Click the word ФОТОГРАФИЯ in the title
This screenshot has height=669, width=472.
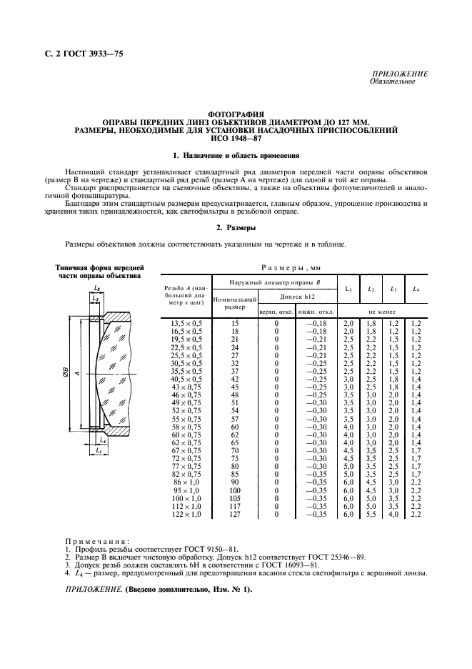coord(235,114)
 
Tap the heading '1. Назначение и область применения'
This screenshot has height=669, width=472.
coord(235,156)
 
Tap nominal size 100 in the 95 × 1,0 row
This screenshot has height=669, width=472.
coord(234,491)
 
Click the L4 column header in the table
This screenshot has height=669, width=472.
coord(415,289)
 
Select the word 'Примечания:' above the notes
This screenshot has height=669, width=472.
coord(96,542)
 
